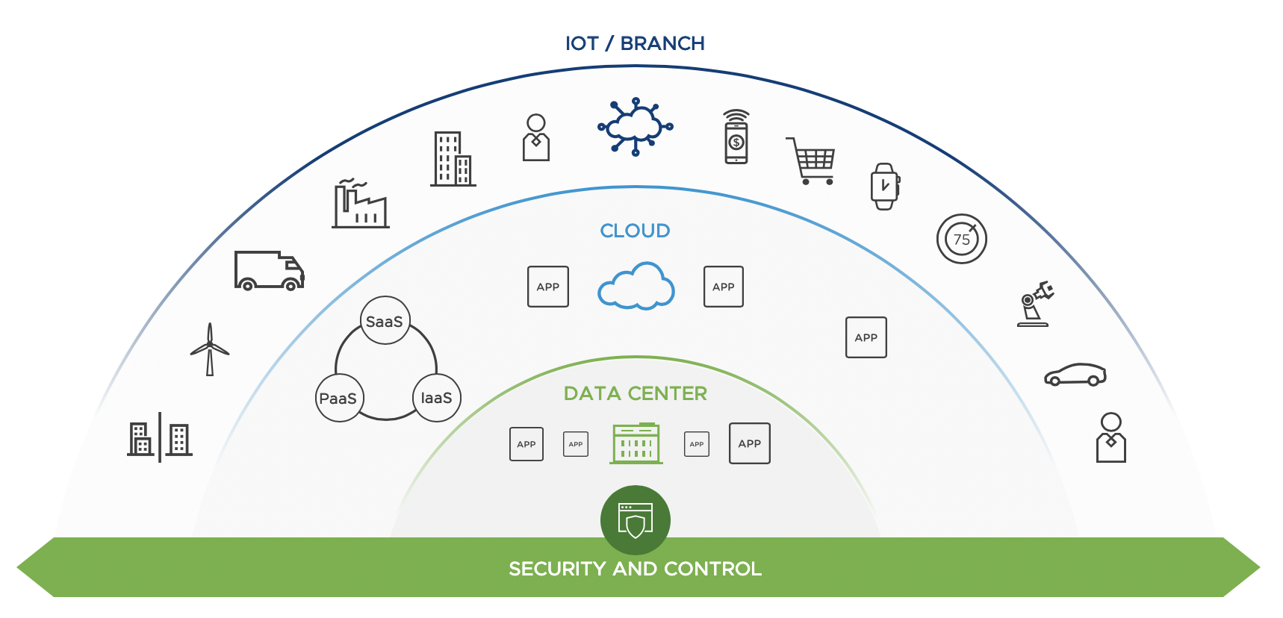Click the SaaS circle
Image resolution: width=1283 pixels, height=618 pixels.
[x=385, y=321]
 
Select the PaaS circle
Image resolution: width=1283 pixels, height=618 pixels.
[x=339, y=398]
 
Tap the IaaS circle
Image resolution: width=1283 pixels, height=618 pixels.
[x=437, y=398]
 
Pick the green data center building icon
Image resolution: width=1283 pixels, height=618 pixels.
[x=636, y=443]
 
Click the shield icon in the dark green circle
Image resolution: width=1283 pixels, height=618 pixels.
[x=636, y=520]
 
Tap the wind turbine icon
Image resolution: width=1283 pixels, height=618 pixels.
[x=210, y=349]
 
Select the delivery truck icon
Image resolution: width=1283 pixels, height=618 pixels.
[x=269, y=270]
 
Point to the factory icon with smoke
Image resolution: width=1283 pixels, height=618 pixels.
[x=361, y=204]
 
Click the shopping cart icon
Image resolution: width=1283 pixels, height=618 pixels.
[x=811, y=160]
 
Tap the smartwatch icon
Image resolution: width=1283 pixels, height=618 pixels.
[x=885, y=186]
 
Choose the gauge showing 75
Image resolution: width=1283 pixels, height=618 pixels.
[x=962, y=239]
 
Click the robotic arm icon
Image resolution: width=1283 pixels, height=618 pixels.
[x=1035, y=304]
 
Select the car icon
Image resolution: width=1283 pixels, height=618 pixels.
[x=1075, y=375]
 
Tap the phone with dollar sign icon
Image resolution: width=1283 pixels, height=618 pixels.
[x=736, y=137]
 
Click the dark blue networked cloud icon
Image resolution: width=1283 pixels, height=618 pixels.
[x=636, y=127]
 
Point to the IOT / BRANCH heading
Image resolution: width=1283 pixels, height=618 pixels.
[x=635, y=43]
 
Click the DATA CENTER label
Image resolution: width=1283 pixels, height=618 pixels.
[x=636, y=393]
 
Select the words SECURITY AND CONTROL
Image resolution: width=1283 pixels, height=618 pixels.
[x=636, y=569]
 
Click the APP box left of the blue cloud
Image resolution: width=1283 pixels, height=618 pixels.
[x=548, y=287]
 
